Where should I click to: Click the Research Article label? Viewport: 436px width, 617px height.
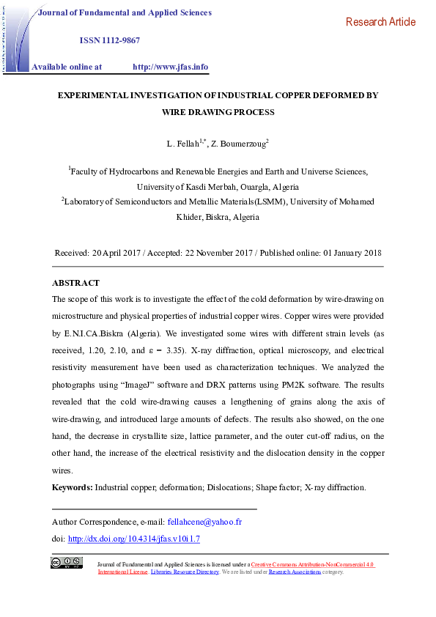tap(380, 22)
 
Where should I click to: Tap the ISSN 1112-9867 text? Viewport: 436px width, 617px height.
tap(109, 40)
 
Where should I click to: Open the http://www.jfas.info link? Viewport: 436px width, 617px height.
tap(170, 67)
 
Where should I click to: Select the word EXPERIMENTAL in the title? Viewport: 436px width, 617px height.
tap(95, 95)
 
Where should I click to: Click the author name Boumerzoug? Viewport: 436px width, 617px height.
tap(237, 143)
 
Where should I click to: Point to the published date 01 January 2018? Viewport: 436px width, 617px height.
tap(352, 253)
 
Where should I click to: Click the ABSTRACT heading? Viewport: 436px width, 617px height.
tap(75, 283)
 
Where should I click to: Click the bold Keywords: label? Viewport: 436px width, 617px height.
tap(72, 487)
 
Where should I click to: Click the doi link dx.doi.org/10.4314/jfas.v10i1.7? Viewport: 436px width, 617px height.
tap(133, 539)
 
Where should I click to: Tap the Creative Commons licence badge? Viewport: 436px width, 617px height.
tap(66, 563)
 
